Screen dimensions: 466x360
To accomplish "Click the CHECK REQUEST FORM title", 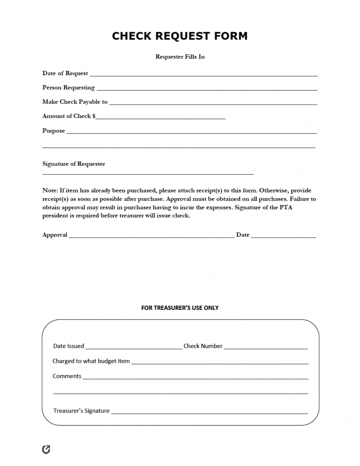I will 180,36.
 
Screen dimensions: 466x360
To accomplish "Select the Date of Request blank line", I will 203,75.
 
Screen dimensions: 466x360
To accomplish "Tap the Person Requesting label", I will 68,87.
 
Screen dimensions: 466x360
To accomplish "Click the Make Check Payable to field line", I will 213,104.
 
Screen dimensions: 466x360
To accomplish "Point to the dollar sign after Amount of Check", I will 94,116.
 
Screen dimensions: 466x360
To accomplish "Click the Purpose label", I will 54,131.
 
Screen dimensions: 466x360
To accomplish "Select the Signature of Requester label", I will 74,164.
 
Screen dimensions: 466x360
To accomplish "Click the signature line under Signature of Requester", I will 148,174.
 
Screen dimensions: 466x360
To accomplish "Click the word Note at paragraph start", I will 50,190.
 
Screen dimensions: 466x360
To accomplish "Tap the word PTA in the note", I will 305,208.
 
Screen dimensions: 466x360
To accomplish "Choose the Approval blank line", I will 152,237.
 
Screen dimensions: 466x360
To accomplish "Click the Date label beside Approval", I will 243,235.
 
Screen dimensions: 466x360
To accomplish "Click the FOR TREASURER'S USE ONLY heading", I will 180,308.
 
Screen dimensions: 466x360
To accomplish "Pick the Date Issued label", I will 69,346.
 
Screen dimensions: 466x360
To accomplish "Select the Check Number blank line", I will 266,348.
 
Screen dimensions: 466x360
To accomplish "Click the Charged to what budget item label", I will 91,361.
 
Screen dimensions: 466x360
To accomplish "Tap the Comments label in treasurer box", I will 67,376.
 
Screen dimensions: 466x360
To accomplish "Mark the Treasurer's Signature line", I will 209,413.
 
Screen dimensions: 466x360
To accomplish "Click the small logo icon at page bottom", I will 46,450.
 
